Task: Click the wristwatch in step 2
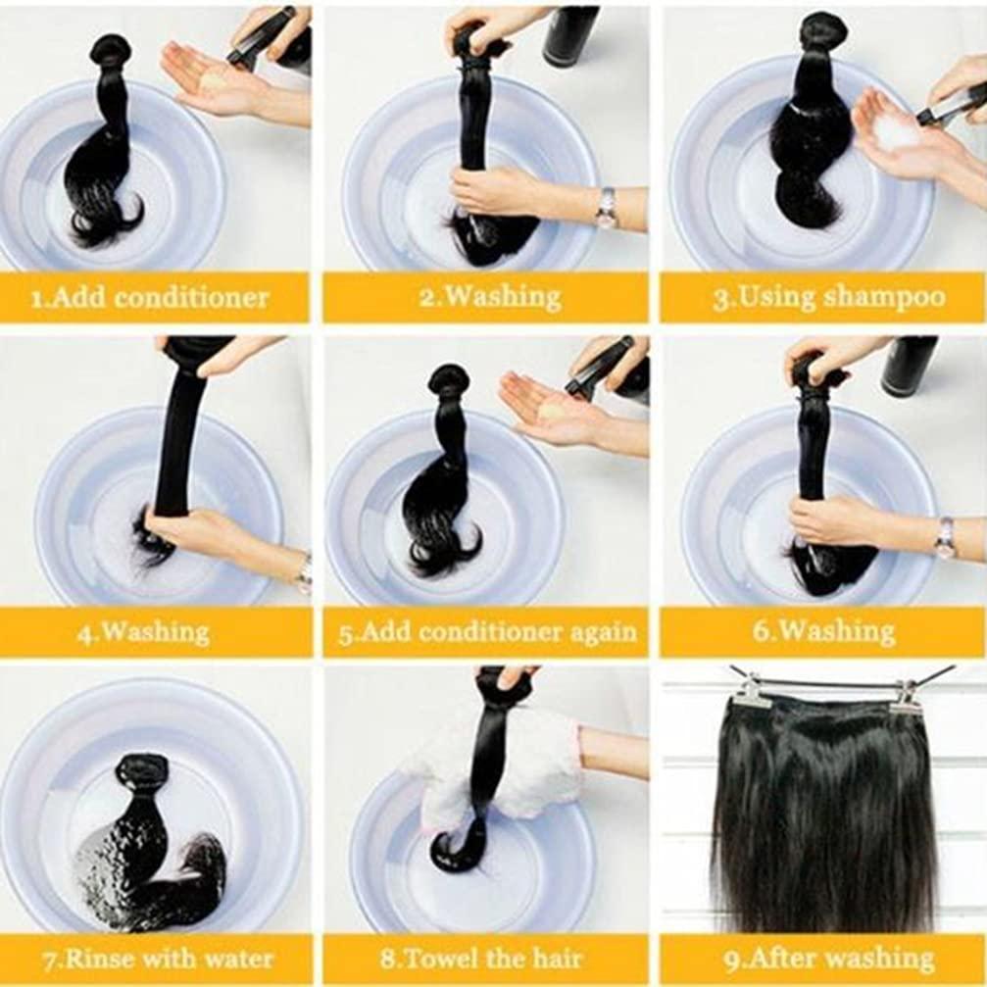607,207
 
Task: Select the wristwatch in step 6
945,537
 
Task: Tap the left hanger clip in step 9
752,690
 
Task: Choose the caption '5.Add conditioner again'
487,631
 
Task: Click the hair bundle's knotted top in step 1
111,49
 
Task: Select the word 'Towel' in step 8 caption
468,958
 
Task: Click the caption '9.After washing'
823,958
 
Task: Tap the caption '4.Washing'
144,631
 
